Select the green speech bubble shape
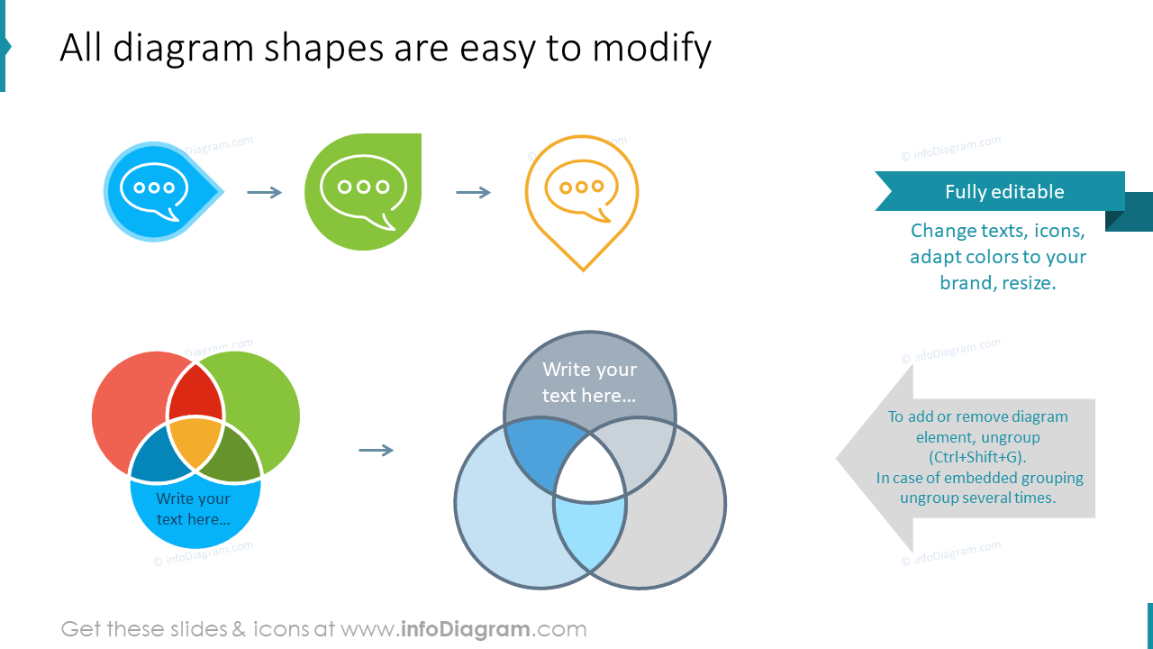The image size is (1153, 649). pyautogui.click(x=363, y=192)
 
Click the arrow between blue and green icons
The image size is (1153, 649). pyautogui.click(x=264, y=192)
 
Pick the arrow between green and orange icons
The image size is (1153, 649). pyautogui.click(x=473, y=192)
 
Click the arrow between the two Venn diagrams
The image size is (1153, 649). pyautogui.click(x=376, y=450)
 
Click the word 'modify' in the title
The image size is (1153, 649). pyautogui.click(x=651, y=48)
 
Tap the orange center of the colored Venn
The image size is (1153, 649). pyautogui.click(x=195, y=442)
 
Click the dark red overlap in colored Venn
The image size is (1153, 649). pyautogui.click(x=195, y=395)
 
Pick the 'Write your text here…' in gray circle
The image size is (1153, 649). pyautogui.click(x=589, y=382)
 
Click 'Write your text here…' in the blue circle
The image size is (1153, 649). pyautogui.click(x=194, y=509)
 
